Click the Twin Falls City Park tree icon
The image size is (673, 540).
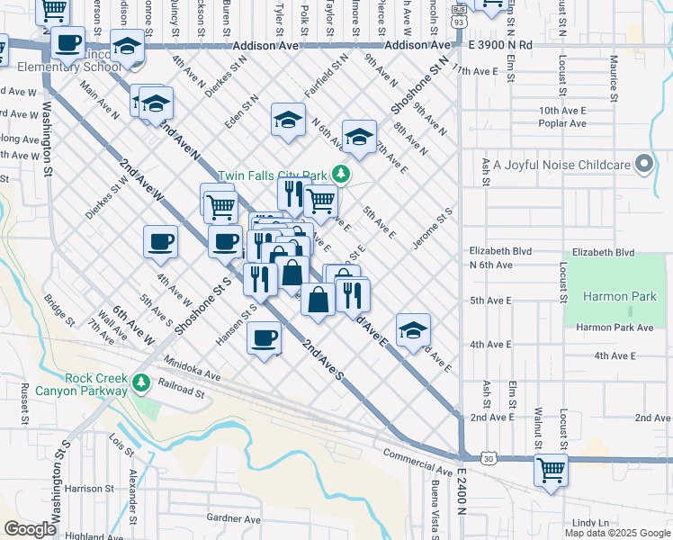click(340, 174)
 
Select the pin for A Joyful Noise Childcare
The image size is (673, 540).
click(642, 165)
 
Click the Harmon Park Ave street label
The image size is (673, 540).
click(615, 328)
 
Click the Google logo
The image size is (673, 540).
click(30, 529)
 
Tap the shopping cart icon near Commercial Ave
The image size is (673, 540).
click(551, 470)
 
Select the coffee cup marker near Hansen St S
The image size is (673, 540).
click(264, 338)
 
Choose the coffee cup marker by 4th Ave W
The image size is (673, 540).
click(160, 241)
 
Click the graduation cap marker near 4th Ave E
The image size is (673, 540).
click(413, 329)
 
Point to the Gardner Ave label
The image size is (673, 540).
click(233, 518)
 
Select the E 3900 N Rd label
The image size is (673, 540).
click(499, 44)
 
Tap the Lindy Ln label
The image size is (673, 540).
click(590, 522)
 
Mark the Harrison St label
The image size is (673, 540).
click(87, 489)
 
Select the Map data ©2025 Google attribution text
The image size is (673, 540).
click(616, 532)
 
